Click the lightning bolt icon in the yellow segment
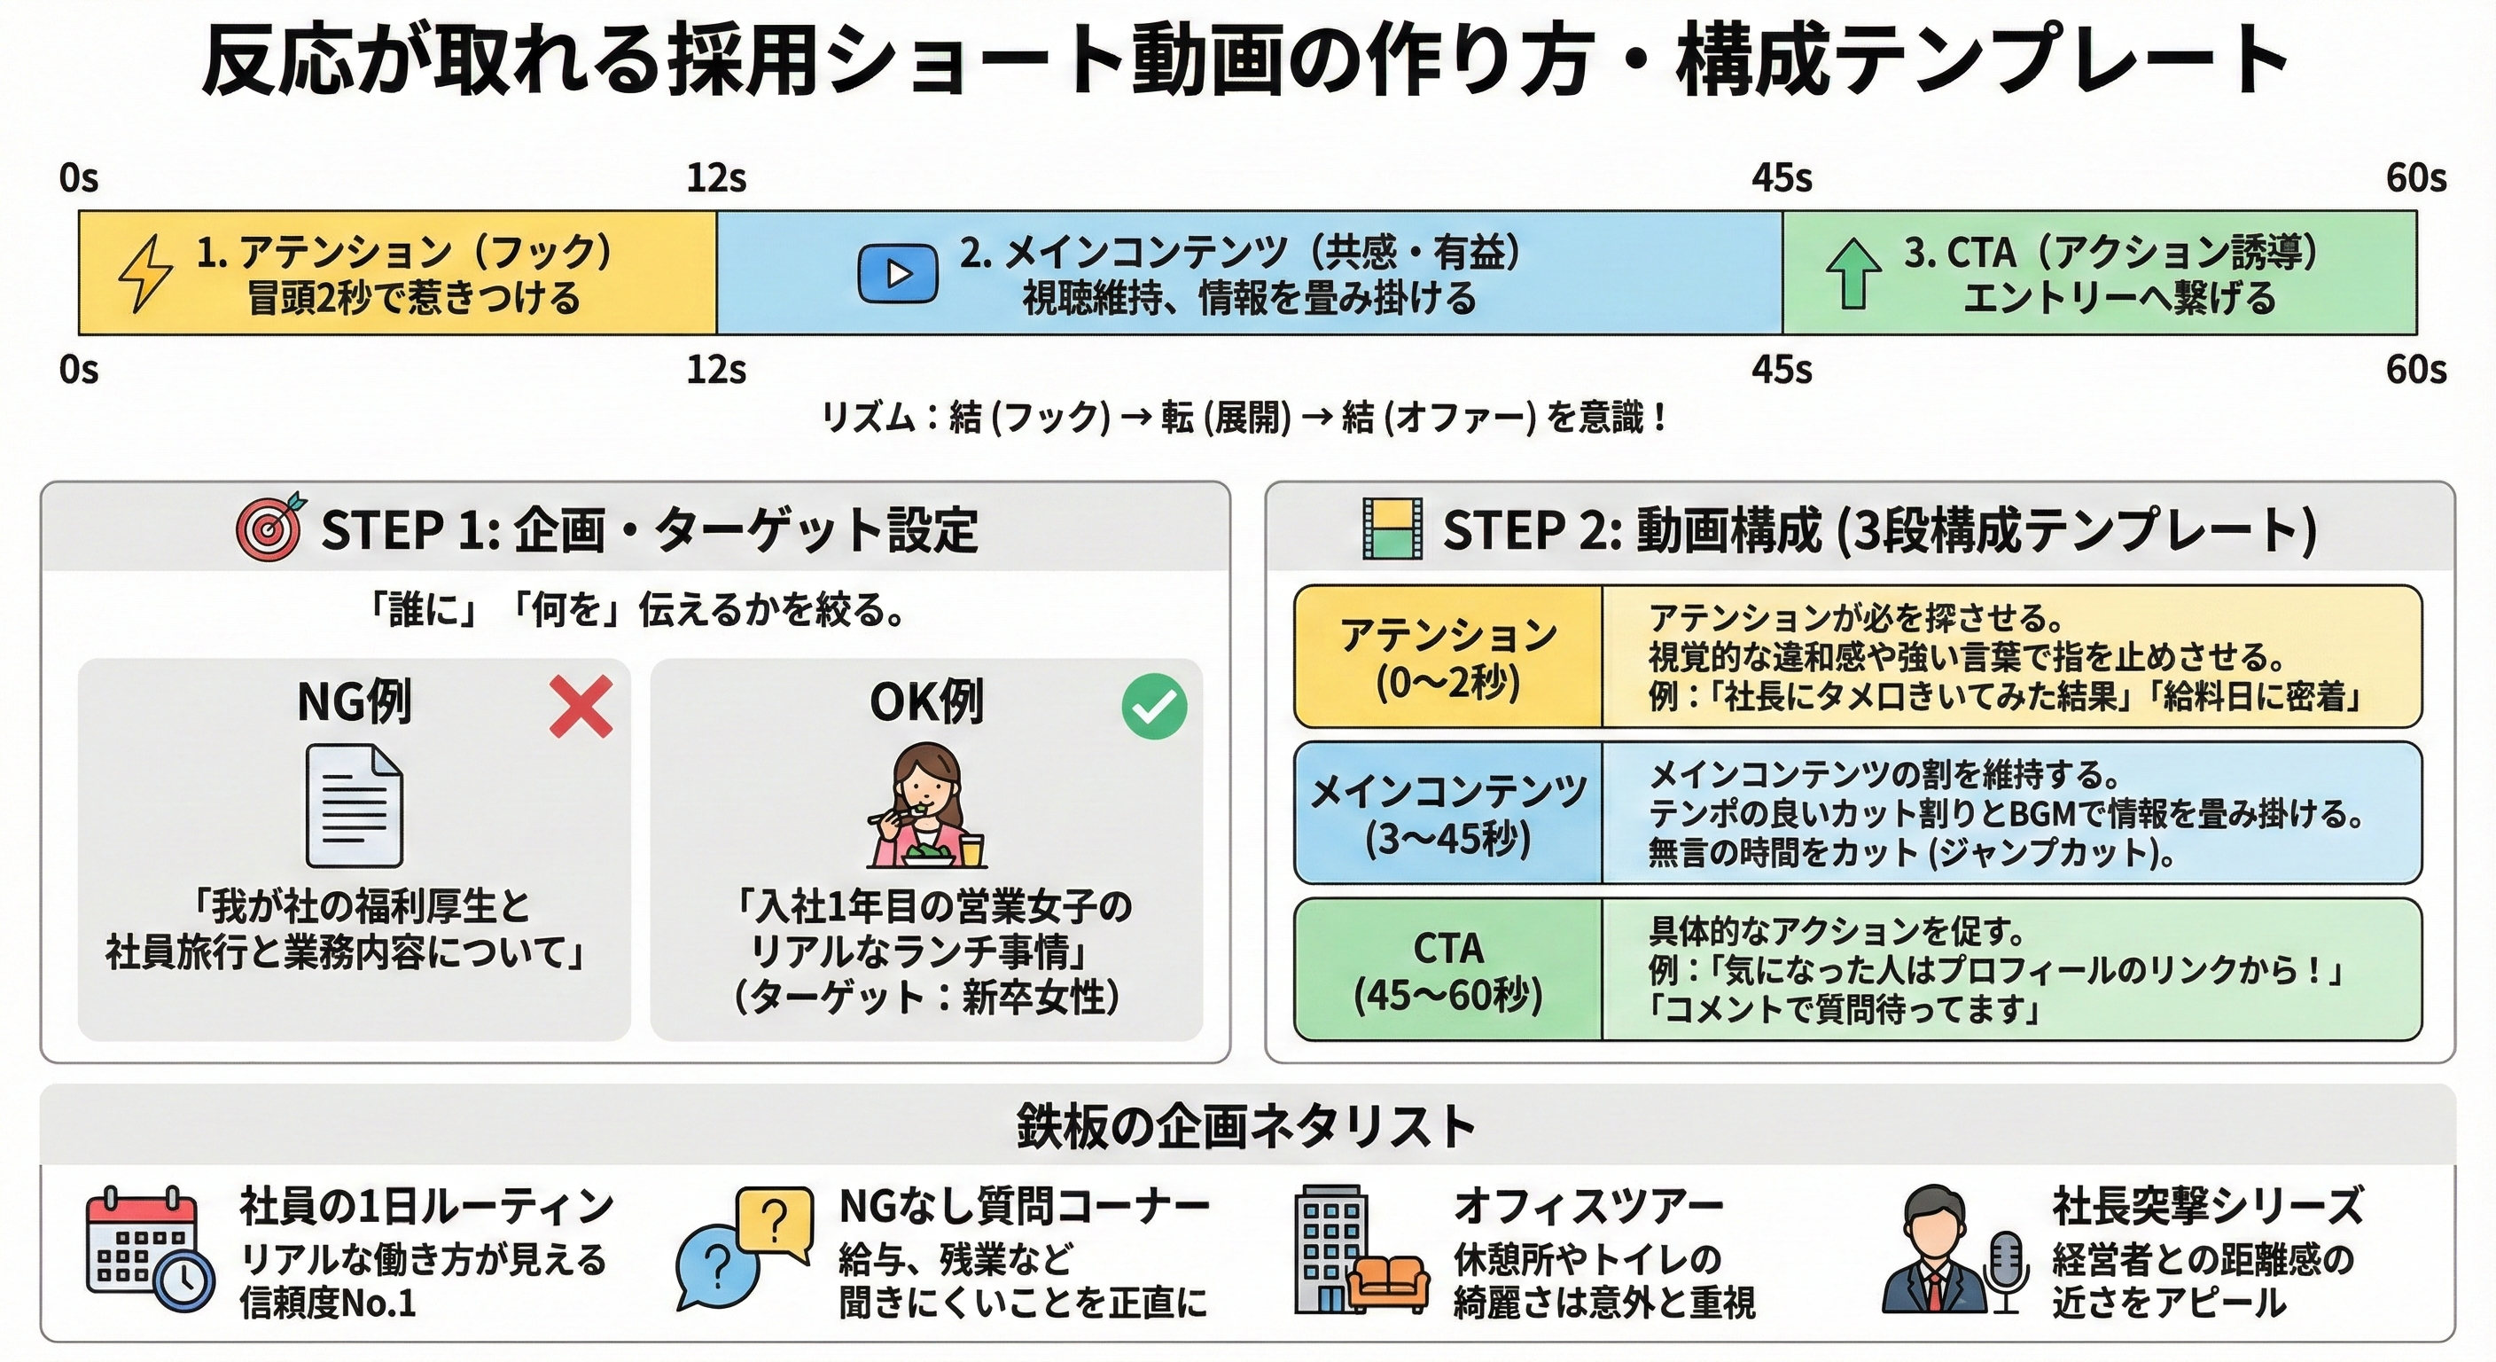[146, 274]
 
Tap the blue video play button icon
[897, 274]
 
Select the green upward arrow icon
[1852, 274]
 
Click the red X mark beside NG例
[581, 707]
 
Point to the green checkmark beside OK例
[1154, 707]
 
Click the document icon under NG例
[354, 805]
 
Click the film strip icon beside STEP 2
[1392, 529]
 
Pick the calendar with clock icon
[149, 1250]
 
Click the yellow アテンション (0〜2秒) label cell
[1447, 657]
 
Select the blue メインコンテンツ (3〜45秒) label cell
[1447, 813]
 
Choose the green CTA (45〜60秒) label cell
[1447, 970]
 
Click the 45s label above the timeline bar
[1781, 178]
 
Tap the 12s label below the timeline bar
[716, 371]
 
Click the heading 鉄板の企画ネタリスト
[1246, 1126]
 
